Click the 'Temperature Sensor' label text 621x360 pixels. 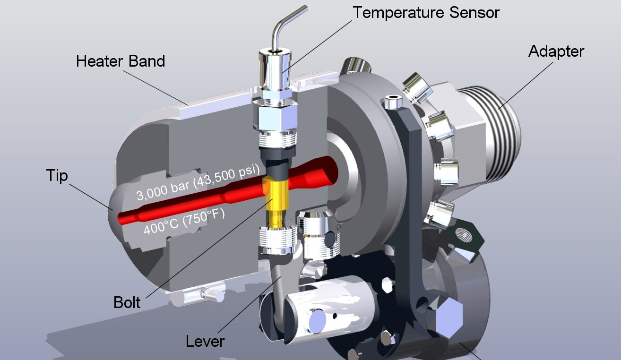[x=426, y=12]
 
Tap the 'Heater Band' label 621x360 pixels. [x=121, y=61]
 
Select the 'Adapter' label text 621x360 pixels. [x=556, y=51]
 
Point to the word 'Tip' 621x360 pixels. [x=57, y=175]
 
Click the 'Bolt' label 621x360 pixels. [x=127, y=302]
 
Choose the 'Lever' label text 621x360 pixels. [x=205, y=341]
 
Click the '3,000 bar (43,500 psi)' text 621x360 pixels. [x=198, y=183]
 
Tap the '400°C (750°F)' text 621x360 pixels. [x=183, y=223]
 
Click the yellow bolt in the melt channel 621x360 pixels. [x=274, y=201]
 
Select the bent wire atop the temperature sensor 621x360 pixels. [x=284, y=24]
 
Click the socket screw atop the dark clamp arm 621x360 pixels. [x=391, y=100]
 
